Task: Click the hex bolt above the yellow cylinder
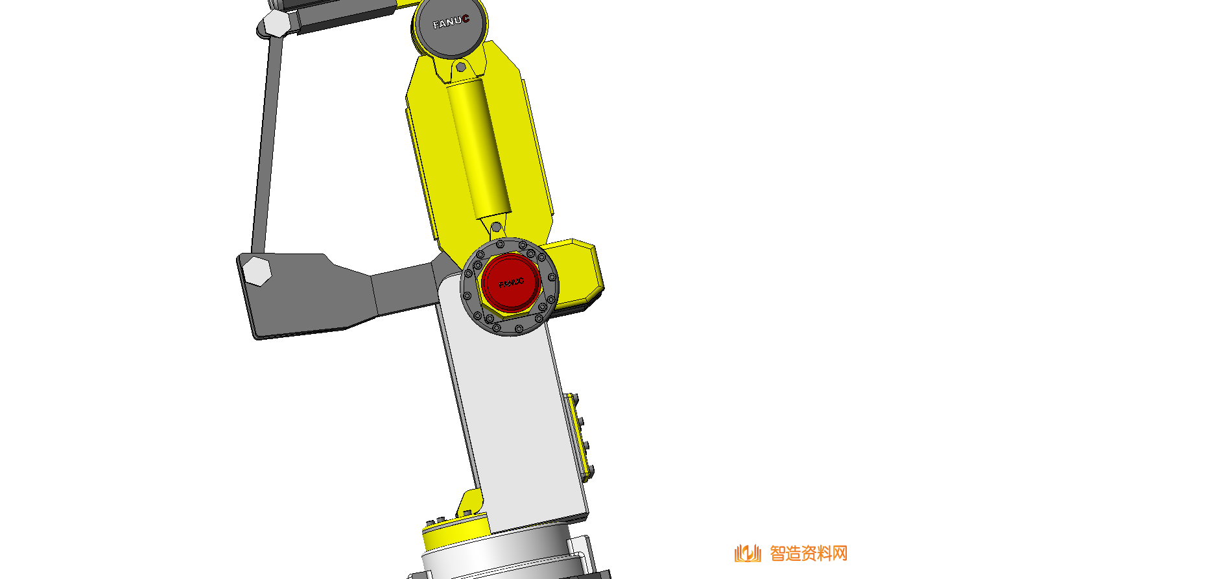tap(460, 67)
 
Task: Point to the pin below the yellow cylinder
tap(496, 227)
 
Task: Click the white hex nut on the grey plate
tap(257, 270)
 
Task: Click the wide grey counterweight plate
tap(311, 295)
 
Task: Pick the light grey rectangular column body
tap(512, 415)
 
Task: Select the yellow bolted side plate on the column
tap(578, 434)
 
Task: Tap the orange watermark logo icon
tap(748, 553)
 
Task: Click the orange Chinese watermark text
tap(809, 553)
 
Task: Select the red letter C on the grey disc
tap(466, 19)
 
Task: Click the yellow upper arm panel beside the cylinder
tap(525, 149)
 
